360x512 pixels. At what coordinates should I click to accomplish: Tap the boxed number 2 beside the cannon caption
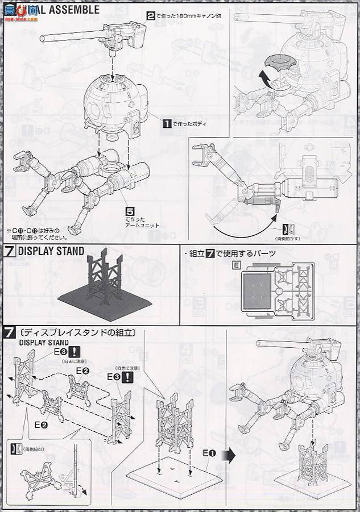[x=151, y=16]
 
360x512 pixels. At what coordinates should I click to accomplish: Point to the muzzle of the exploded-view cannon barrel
[x=42, y=39]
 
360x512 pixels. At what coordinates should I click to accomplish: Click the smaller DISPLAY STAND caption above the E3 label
[x=44, y=343]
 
